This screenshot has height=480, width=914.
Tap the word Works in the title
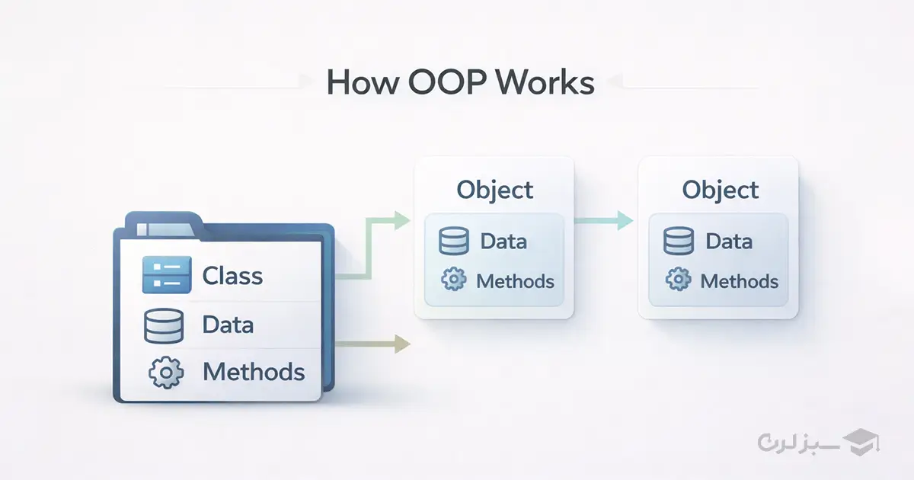(545, 82)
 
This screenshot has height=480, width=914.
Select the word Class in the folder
(232, 276)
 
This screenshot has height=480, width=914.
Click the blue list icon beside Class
(165, 275)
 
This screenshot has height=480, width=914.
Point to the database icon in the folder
(165, 325)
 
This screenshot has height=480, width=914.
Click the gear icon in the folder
(165, 373)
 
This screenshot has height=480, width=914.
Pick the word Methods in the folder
(254, 373)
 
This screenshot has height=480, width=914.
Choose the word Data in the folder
(228, 325)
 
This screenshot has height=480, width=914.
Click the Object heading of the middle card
(494, 190)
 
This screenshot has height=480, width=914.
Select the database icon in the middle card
(454, 242)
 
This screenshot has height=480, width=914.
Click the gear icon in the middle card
(454, 280)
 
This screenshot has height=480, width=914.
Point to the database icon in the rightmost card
(679, 242)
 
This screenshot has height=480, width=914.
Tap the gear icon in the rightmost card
(679, 280)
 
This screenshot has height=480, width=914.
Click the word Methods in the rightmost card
(739, 281)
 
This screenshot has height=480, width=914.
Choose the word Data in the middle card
(503, 242)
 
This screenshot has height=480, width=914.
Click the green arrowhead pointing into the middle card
(401, 221)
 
